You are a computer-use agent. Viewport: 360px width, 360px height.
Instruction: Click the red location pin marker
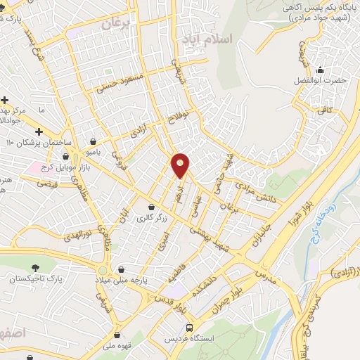click(x=181, y=166)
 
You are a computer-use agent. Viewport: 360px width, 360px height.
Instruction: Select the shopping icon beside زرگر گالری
click(x=152, y=207)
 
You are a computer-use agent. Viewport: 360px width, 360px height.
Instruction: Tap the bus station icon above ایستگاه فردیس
click(x=189, y=328)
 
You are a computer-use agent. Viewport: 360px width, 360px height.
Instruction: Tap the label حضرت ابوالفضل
click(x=321, y=81)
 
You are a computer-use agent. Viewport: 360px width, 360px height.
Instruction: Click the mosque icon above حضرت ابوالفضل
click(x=321, y=70)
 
